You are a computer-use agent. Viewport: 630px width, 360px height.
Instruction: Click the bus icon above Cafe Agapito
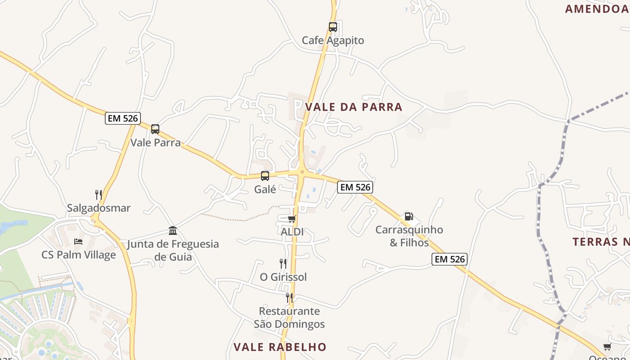[333, 27]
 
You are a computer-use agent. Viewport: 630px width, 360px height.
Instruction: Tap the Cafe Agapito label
[333, 40]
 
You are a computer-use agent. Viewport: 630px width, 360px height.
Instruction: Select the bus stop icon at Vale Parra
[155, 129]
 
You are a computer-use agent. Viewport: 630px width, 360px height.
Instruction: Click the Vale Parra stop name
[155, 143]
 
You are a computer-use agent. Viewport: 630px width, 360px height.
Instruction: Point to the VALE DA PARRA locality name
[354, 107]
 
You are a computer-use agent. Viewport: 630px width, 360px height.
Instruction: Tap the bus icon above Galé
[265, 176]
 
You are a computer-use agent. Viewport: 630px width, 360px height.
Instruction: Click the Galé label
[265, 189]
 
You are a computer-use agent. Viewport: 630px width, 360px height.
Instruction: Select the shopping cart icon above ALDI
[292, 219]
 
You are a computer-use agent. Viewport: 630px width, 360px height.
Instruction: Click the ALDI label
[292, 232]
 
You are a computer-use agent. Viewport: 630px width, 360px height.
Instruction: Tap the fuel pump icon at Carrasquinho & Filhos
[409, 216]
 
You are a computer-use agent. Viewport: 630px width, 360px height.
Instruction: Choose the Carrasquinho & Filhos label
[409, 236]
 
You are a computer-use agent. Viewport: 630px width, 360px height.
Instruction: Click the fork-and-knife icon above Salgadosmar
[98, 195]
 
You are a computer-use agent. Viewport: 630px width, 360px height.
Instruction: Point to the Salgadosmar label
[99, 208]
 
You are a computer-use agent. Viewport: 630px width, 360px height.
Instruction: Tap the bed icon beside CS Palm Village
[78, 242]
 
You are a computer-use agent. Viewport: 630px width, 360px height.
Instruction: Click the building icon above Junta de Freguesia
[173, 231]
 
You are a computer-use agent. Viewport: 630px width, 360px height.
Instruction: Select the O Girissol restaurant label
[283, 277]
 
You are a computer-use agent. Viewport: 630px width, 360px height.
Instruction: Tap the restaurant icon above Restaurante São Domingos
[289, 298]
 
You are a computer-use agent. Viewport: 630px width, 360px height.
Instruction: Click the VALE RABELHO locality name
[280, 347]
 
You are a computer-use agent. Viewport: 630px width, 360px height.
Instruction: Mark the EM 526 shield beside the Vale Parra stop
[123, 118]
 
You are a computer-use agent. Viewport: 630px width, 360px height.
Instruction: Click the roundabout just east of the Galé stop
[301, 171]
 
